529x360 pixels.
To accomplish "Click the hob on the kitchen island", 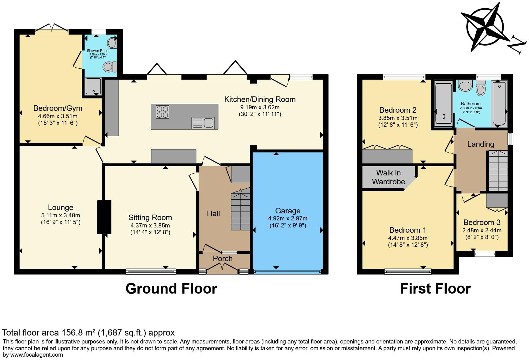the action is (162, 112).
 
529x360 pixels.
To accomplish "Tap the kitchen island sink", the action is (203, 123).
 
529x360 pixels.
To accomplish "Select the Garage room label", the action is (288, 211).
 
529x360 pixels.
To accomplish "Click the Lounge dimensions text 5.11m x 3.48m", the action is (61, 216).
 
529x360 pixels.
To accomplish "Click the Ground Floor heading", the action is (171, 289).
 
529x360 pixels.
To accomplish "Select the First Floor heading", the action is (435, 289).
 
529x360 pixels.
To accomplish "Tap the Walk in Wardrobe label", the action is (388, 177).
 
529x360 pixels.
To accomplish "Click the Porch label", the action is (223, 259).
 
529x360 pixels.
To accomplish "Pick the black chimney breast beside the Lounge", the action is (104, 217).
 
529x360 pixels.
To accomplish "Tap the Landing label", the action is (481, 144).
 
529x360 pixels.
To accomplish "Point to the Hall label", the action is (213, 213).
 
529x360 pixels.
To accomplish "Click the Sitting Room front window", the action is (151, 271).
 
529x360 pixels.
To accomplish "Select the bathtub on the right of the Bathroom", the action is (499, 103).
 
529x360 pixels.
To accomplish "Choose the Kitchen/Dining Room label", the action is (260, 99).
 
